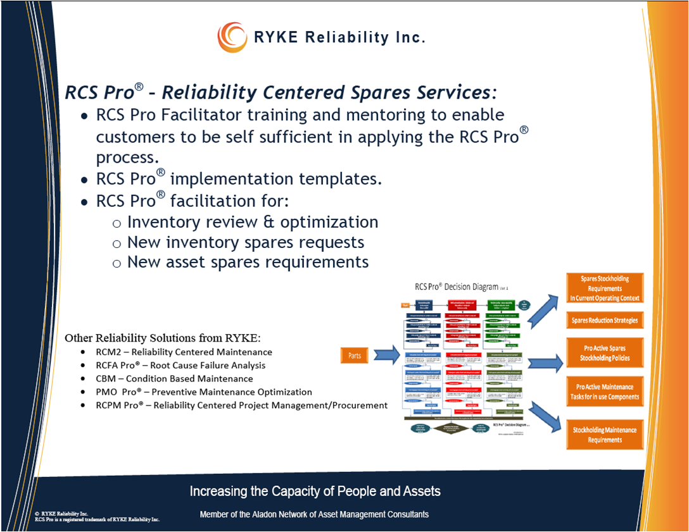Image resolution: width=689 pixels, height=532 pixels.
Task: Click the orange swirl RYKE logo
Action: pyautogui.click(x=232, y=37)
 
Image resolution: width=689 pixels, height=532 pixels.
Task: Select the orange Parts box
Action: pyautogui.click(x=355, y=356)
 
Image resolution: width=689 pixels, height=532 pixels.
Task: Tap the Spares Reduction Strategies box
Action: pyautogui.click(x=605, y=320)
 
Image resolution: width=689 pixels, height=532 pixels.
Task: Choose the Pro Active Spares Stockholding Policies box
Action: pyautogui.click(x=605, y=353)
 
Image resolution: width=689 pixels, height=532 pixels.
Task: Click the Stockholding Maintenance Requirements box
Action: pyautogui.click(x=605, y=435)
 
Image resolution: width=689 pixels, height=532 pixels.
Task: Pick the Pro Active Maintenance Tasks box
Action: pyautogui.click(x=605, y=392)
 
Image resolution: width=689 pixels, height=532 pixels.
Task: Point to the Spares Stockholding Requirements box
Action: pyautogui.click(x=605, y=288)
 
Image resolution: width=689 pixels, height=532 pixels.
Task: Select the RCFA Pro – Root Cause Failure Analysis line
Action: pyautogui.click(x=181, y=366)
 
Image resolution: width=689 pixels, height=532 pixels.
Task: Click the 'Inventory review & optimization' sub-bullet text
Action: pyautogui.click(x=253, y=222)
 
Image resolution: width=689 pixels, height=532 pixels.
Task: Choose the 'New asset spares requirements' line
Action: pyautogui.click(x=248, y=261)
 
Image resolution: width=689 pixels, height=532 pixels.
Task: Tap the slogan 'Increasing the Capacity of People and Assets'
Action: pyautogui.click(x=315, y=492)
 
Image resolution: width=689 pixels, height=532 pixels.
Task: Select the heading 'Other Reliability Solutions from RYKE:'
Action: pyautogui.click(x=163, y=337)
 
